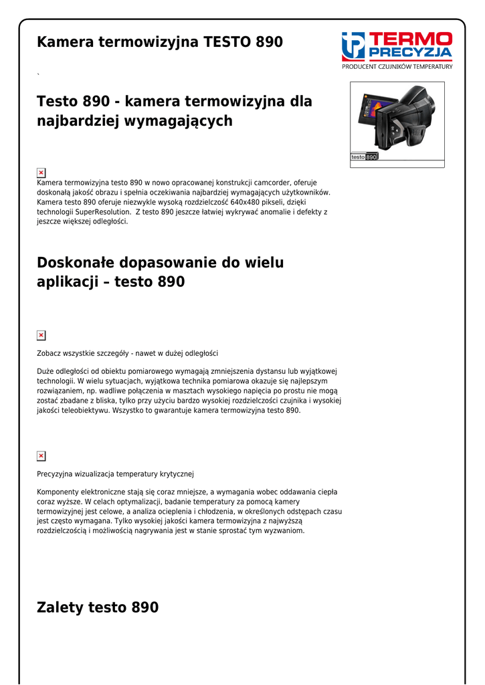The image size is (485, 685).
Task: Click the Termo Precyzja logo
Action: click(x=397, y=45)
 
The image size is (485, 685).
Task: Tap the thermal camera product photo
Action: click(x=397, y=119)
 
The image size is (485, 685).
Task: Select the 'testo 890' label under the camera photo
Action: click(x=365, y=157)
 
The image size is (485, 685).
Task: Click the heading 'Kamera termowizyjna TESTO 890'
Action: click(x=160, y=42)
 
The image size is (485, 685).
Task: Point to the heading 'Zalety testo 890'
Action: click(x=98, y=607)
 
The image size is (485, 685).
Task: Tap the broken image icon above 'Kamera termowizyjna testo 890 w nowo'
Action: click(x=41, y=173)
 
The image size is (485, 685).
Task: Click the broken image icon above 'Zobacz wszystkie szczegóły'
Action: click(x=41, y=335)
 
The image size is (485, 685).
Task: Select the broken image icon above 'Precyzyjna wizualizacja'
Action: click(x=41, y=456)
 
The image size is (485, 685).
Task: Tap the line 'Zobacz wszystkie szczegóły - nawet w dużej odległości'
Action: click(x=127, y=353)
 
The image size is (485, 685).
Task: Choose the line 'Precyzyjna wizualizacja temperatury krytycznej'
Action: click(x=115, y=474)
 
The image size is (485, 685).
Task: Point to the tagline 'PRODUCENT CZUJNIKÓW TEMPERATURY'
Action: click(x=397, y=66)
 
